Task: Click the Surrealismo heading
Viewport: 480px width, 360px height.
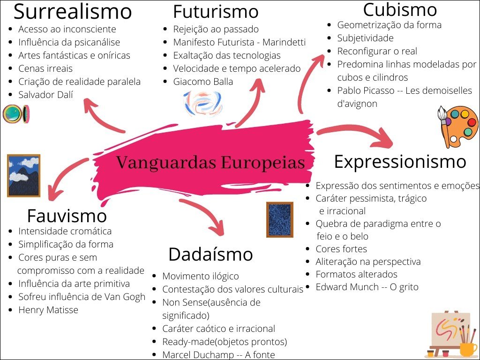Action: click(x=73, y=11)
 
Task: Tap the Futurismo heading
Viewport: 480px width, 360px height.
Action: click(x=216, y=12)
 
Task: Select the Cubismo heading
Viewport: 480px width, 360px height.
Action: click(x=400, y=9)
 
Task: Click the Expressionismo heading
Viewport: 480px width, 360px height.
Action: click(x=400, y=162)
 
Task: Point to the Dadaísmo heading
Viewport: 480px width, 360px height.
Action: click(x=210, y=255)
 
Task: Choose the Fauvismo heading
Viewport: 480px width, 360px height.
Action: click(x=67, y=216)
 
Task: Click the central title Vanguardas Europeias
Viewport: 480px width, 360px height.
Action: click(x=210, y=163)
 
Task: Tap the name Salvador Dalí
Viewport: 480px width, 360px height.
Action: click(x=45, y=95)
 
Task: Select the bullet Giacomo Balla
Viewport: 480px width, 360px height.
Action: click(x=203, y=82)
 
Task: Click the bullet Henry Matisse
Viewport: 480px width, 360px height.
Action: click(x=48, y=310)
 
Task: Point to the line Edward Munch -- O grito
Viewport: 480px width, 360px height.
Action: click(x=367, y=287)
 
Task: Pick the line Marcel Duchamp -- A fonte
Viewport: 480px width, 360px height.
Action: click(x=218, y=355)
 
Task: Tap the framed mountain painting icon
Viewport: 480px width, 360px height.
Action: click(x=23, y=175)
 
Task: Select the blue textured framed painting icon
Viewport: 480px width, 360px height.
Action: click(x=280, y=219)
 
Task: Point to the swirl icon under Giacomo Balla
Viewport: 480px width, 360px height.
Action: click(x=202, y=103)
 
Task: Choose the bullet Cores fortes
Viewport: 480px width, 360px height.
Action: click(x=341, y=249)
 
